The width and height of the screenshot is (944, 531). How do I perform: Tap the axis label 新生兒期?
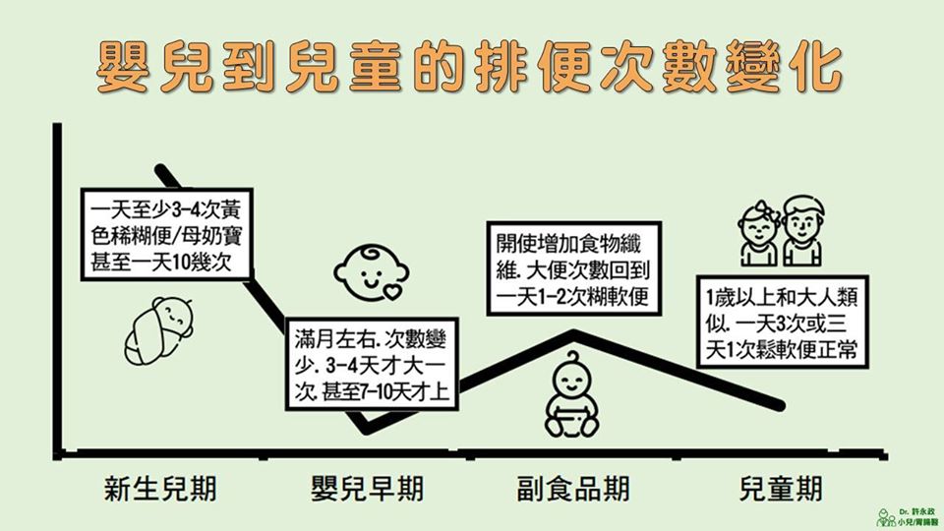click(x=161, y=489)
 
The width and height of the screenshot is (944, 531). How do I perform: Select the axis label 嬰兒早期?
click(x=368, y=489)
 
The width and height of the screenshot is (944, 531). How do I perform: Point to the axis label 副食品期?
click(x=573, y=489)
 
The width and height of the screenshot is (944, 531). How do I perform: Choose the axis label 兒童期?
click(x=781, y=489)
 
